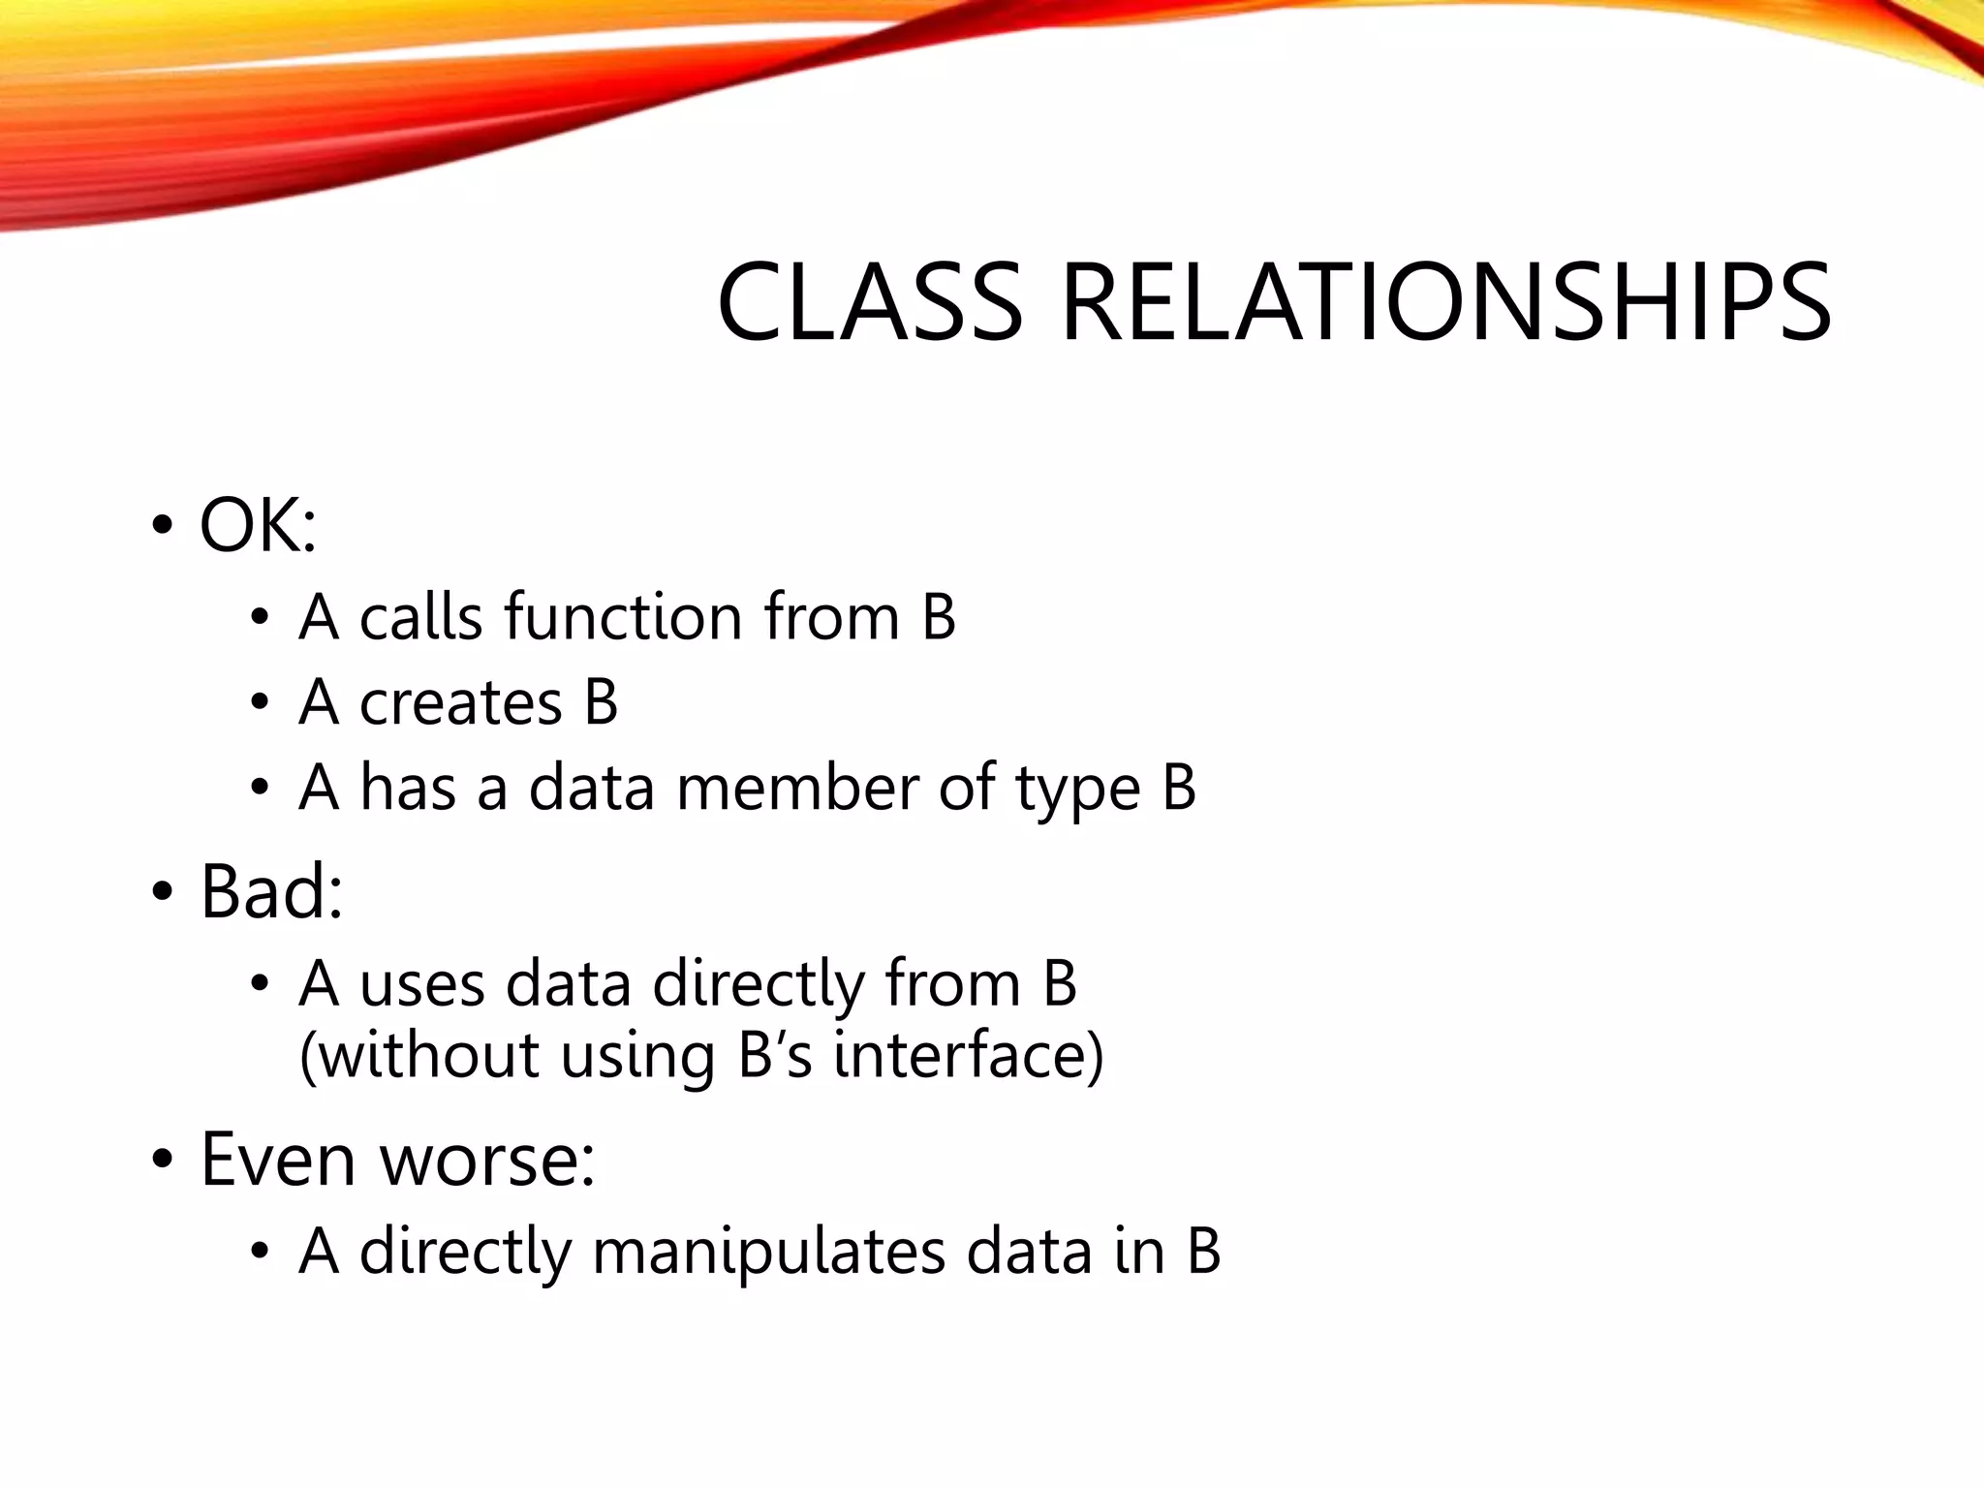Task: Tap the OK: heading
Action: pyautogui.click(x=258, y=526)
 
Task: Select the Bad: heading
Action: pyautogui.click(x=271, y=891)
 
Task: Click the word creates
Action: pyautogui.click(x=461, y=702)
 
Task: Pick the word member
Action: pyautogui.click(x=797, y=788)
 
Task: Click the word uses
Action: pyautogui.click(x=421, y=985)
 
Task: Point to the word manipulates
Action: pyautogui.click(x=767, y=1252)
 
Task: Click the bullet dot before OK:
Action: pyautogui.click(x=162, y=527)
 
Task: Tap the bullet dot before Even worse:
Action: pyautogui.click(x=162, y=1160)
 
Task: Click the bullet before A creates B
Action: pyautogui.click(x=259, y=703)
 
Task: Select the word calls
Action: pyautogui.click(x=420, y=617)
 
